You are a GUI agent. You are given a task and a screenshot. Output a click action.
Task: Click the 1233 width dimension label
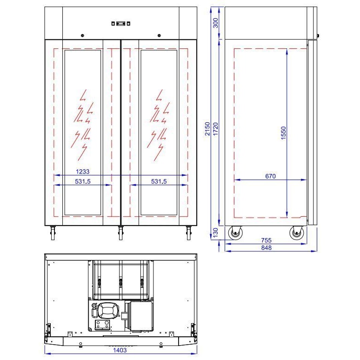[x=84, y=171]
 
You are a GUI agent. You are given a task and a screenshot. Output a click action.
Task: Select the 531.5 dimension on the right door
[x=159, y=181]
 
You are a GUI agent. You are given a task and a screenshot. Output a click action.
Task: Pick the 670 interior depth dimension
[x=271, y=176]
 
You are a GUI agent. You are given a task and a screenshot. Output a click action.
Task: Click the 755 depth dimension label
[x=266, y=240]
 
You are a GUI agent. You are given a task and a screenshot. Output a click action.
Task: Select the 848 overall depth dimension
[x=266, y=247]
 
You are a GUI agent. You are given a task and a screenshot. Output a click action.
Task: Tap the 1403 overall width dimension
[x=120, y=350]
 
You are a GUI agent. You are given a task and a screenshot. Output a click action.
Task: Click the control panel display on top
[x=120, y=23]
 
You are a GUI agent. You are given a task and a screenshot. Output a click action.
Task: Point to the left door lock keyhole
[x=82, y=35]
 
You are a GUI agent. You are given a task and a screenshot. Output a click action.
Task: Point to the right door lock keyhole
[x=159, y=35]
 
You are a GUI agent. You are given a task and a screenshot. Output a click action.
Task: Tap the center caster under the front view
[x=120, y=232]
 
